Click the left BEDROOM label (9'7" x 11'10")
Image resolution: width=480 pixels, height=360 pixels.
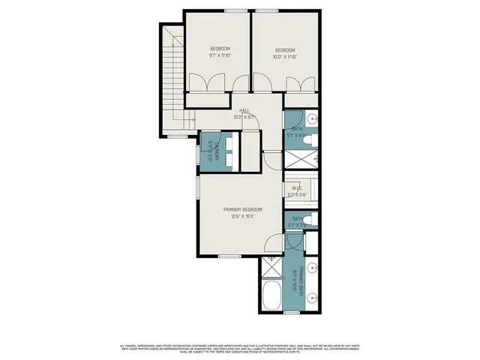point(219,49)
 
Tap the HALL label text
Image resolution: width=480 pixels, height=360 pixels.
point(244,110)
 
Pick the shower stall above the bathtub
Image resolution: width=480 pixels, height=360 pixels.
point(270,267)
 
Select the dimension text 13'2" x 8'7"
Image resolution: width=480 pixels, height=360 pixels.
point(244,117)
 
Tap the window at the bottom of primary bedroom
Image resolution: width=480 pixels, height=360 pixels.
point(229,256)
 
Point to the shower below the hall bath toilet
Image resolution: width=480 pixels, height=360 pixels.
point(300,159)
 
